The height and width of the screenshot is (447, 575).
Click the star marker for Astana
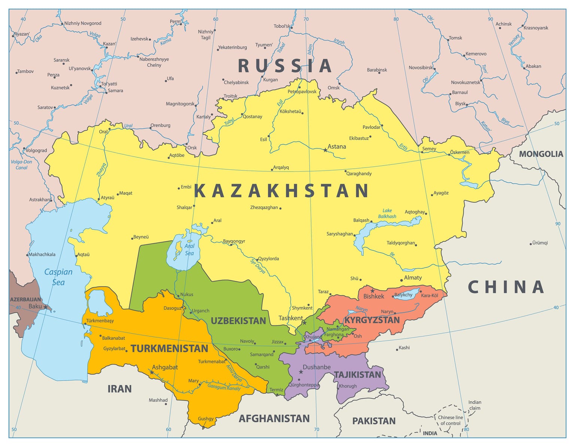pyautogui.click(x=325, y=150)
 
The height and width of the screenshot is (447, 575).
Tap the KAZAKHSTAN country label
pyautogui.click(x=282, y=190)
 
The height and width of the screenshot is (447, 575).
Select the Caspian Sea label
pyautogui.click(x=58, y=277)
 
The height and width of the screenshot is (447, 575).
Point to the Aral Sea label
pyautogui.click(x=189, y=250)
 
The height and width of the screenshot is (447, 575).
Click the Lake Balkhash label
pyautogui.click(x=387, y=213)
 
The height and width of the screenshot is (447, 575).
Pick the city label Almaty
pyautogui.click(x=413, y=278)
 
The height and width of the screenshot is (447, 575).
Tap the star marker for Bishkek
pyautogui.click(x=372, y=291)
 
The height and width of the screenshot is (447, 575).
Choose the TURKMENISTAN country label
pyautogui.click(x=169, y=348)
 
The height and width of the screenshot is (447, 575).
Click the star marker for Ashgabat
pyautogui.click(x=152, y=372)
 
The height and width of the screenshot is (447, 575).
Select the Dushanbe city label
pyautogui.click(x=316, y=367)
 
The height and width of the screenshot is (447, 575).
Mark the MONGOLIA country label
pyautogui.click(x=541, y=154)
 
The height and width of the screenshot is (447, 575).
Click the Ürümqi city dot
pyautogui.click(x=530, y=244)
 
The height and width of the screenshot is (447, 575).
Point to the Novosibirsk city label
pyautogui.click(x=420, y=68)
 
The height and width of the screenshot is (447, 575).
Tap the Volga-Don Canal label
pyautogui.click(x=21, y=165)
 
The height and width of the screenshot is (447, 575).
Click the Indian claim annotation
pyautogui.click(x=475, y=405)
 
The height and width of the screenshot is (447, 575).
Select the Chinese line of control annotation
pyautogui.click(x=450, y=420)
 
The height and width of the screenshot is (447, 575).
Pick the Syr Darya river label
pyautogui.click(x=258, y=266)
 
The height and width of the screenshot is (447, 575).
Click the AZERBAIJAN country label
pyautogui.click(x=25, y=299)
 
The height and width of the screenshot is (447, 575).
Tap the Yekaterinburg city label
pyautogui.click(x=232, y=47)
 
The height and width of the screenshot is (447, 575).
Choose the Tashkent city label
pyautogui.click(x=290, y=318)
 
